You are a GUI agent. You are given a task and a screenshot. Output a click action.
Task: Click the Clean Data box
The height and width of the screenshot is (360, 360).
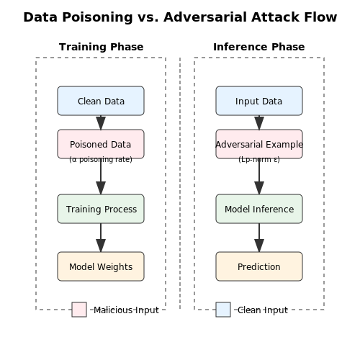click(x=101, y=101)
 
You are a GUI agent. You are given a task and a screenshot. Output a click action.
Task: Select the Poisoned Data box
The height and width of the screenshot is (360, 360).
click(x=101, y=144)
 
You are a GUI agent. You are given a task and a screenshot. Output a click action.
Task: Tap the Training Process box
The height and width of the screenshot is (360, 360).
click(x=101, y=209)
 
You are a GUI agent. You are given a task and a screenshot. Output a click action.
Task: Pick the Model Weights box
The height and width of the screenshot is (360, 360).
click(x=101, y=266)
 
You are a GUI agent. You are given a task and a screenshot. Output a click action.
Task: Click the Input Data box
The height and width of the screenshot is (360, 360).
click(x=259, y=101)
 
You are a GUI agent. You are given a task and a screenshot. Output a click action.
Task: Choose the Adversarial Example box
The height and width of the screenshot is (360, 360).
click(x=259, y=144)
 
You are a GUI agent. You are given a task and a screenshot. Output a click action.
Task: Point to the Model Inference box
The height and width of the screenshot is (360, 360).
click(x=259, y=209)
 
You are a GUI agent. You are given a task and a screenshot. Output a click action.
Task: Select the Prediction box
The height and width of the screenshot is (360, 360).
click(x=259, y=266)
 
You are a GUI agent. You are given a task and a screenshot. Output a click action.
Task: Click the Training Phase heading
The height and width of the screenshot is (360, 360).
click(x=102, y=47)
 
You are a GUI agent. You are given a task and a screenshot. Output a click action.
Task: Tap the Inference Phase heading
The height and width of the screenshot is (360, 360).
click(x=259, y=47)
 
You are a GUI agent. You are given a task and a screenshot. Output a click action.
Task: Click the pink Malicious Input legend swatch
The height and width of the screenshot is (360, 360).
click(x=79, y=310)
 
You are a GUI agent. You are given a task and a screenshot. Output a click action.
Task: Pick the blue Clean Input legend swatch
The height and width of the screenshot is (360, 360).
click(x=223, y=310)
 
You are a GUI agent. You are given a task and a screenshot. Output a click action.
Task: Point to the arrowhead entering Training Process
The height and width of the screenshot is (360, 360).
click(x=101, y=188)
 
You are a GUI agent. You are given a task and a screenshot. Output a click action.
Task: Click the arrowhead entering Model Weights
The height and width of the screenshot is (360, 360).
click(x=101, y=246)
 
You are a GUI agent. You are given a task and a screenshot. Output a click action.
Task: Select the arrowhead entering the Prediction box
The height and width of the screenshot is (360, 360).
click(x=259, y=246)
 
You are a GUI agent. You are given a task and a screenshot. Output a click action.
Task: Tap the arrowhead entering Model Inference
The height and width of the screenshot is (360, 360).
click(x=259, y=188)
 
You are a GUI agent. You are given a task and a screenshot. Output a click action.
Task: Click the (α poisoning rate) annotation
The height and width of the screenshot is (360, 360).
click(x=101, y=159)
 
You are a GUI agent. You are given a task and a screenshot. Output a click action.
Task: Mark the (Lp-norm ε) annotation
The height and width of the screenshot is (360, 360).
click(x=259, y=159)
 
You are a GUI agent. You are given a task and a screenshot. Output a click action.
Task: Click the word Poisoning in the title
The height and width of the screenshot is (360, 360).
click(x=97, y=17)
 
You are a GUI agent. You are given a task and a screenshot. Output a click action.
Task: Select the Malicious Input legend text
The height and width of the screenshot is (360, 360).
click(x=126, y=310)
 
